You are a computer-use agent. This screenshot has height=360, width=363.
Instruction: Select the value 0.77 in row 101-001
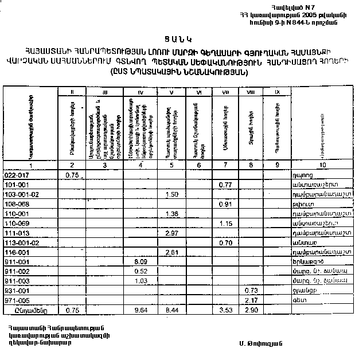(225, 185)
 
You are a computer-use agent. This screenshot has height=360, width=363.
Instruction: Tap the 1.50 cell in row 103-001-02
(171, 194)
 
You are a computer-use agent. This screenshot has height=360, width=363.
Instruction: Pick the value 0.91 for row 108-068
(225, 204)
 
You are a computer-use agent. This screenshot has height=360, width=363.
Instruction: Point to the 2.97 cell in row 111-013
(171, 233)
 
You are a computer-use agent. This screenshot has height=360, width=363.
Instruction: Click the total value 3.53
(225, 311)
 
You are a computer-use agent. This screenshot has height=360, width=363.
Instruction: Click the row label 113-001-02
(19, 242)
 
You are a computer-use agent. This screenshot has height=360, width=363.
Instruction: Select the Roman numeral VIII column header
(249, 92)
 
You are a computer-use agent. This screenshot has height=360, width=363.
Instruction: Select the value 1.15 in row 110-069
(225, 224)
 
